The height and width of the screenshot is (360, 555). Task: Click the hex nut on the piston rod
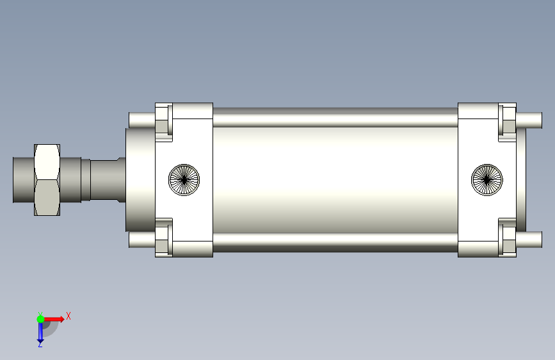(47, 179)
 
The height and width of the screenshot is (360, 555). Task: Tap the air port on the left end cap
(184, 179)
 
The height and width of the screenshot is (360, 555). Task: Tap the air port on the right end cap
(487, 179)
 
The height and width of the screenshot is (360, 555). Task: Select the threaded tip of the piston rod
(24, 179)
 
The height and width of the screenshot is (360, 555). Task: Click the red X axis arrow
(54, 319)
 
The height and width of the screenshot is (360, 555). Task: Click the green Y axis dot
(40, 319)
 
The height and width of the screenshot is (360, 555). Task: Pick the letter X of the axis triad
(68, 316)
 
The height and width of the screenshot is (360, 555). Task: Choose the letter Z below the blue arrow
(40, 345)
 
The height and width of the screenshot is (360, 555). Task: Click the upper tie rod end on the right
(529, 120)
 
